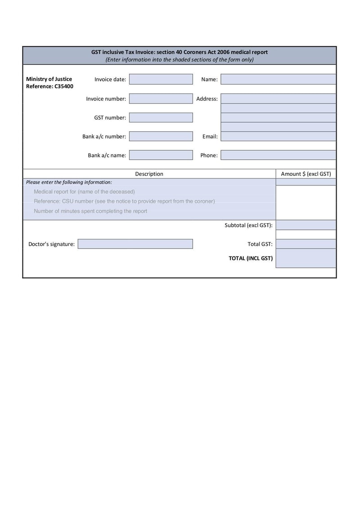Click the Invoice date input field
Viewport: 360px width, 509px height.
[x=161, y=80]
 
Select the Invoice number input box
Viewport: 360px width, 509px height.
[x=161, y=99]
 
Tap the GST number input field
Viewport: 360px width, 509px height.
[x=161, y=117]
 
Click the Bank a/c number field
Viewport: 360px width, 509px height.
[x=161, y=136]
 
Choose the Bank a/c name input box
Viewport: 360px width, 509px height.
[x=161, y=155]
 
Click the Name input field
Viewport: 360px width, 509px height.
[x=278, y=80]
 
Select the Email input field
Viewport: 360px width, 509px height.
[x=278, y=136]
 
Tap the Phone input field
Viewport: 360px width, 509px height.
[x=278, y=155]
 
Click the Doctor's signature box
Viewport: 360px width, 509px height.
[x=135, y=244]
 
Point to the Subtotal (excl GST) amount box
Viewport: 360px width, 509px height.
[x=306, y=225]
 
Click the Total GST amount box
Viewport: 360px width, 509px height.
[x=306, y=244]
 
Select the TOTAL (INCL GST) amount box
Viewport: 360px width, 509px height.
[x=306, y=258]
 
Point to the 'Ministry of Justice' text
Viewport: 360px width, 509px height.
[x=49, y=79]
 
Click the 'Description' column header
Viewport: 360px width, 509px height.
[x=149, y=174]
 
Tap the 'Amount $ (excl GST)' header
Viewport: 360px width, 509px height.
[x=306, y=174]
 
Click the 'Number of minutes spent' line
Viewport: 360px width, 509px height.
[x=90, y=211]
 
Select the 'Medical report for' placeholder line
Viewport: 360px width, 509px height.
[x=84, y=192]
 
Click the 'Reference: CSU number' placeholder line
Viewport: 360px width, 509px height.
[x=124, y=202]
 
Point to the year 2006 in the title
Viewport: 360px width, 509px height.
[x=223, y=52]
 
